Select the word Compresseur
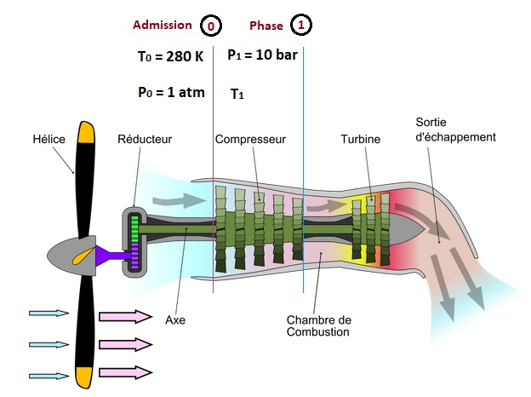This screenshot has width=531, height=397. coord(249,139)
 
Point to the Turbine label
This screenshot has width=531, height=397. coord(361,139)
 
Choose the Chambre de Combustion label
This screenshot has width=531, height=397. coord(317,326)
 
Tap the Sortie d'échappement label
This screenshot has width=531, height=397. coord(455,129)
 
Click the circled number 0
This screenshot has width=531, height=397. coord(209,26)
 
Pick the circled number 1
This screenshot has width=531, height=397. coord(300,26)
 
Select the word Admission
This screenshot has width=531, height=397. coord(163,26)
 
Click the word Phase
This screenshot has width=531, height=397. coord(266,26)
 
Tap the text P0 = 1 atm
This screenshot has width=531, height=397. coord(171,92)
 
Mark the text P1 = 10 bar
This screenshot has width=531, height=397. coord(262,55)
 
